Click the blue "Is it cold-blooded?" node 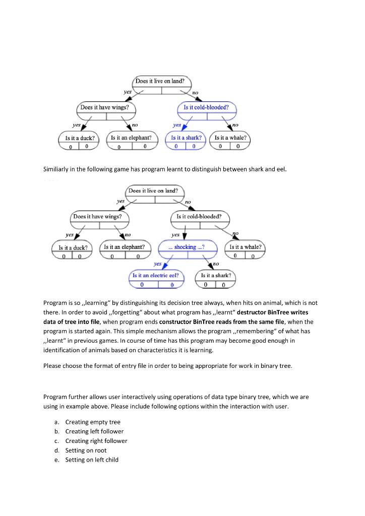pyautogui.click(x=206, y=108)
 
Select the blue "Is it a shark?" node pyautogui.click(x=186, y=138)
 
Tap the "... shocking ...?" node pyautogui.click(x=188, y=247)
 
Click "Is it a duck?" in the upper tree pyautogui.click(x=77, y=138)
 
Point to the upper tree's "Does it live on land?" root pyautogui.click(x=163, y=81)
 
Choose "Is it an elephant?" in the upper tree pyautogui.click(x=131, y=138)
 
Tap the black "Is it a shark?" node pyautogui.click(x=216, y=276)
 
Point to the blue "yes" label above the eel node pyautogui.click(x=157, y=264)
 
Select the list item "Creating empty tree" pyautogui.click(x=93, y=422)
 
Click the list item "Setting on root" pyautogui.click(x=86, y=450)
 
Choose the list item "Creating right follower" pyautogui.click(x=96, y=440)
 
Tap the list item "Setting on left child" pyautogui.click(x=92, y=460)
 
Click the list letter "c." pyautogui.click(x=57, y=440)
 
